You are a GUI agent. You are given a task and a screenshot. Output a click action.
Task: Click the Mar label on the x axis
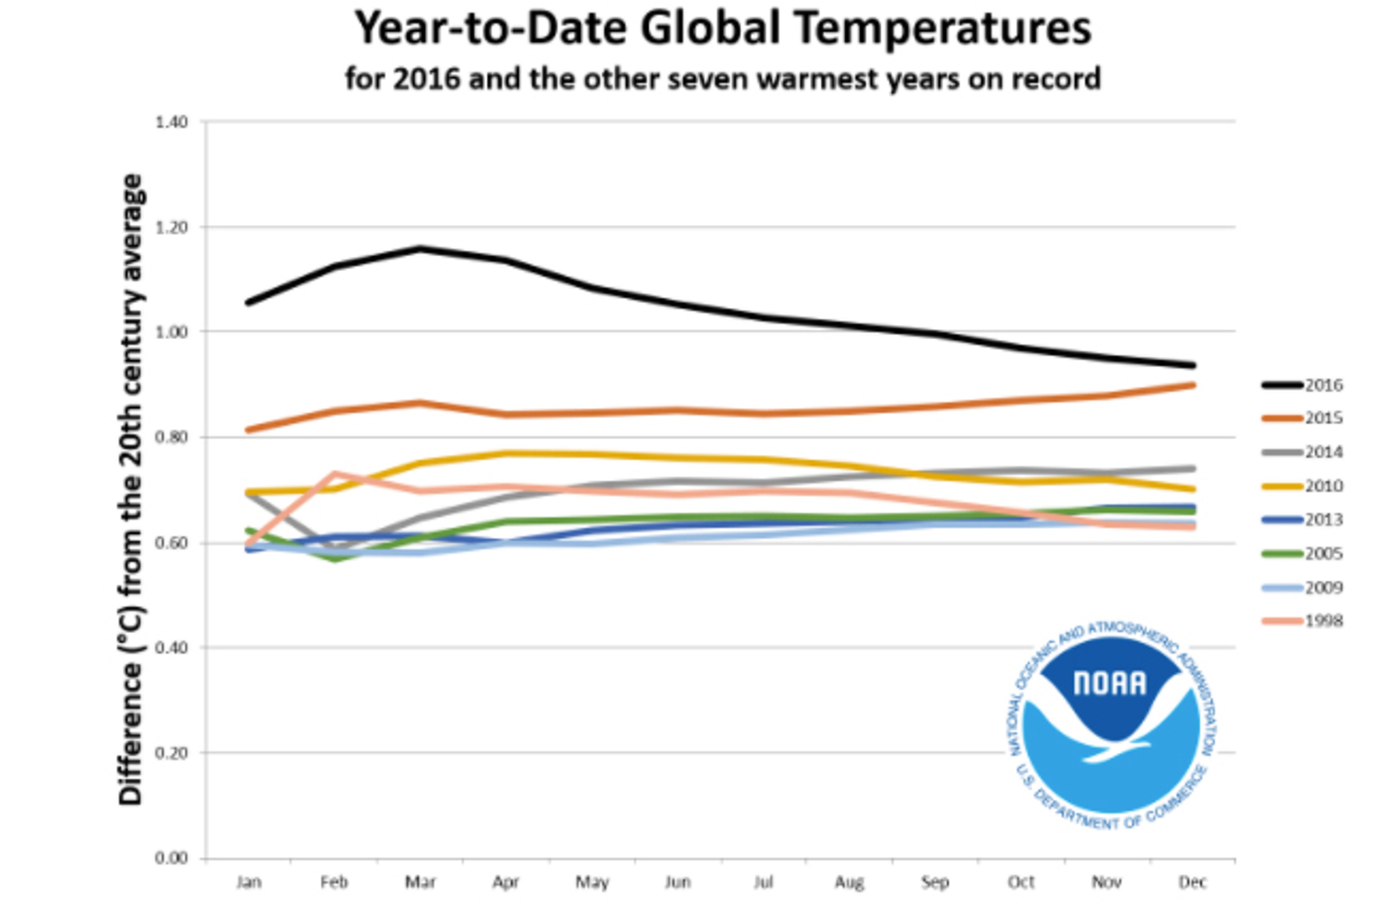(420, 882)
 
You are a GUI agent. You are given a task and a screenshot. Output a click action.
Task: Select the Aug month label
(849, 882)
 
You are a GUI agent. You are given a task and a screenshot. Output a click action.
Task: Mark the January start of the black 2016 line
(249, 302)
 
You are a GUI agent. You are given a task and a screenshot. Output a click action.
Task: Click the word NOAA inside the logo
(1110, 683)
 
